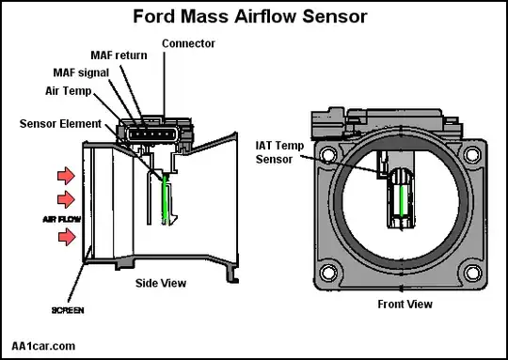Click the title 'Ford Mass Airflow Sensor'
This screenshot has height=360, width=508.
(250, 17)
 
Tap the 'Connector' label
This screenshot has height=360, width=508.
(188, 43)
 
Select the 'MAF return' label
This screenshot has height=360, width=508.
(119, 55)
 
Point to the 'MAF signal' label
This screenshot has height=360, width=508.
(81, 72)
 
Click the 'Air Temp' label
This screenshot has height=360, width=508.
(69, 91)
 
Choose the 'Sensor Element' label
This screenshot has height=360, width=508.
(60, 124)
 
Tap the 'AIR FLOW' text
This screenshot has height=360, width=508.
(61, 220)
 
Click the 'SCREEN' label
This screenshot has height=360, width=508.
(68, 310)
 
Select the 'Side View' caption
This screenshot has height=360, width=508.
(161, 283)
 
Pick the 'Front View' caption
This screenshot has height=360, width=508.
(405, 305)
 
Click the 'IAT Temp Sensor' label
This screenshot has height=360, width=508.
(279, 152)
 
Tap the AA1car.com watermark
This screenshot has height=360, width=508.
(43, 346)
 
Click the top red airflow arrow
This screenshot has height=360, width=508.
(66, 176)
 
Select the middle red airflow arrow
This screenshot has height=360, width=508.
(66, 199)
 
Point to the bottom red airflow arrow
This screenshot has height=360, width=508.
(67, 237)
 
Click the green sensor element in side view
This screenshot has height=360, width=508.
(166, 200)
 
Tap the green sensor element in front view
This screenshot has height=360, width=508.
(402, 201)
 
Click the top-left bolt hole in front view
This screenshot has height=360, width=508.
(328, 154)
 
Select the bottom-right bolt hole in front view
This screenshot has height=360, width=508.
(472, 273)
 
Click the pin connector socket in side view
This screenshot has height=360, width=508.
(153, 133)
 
